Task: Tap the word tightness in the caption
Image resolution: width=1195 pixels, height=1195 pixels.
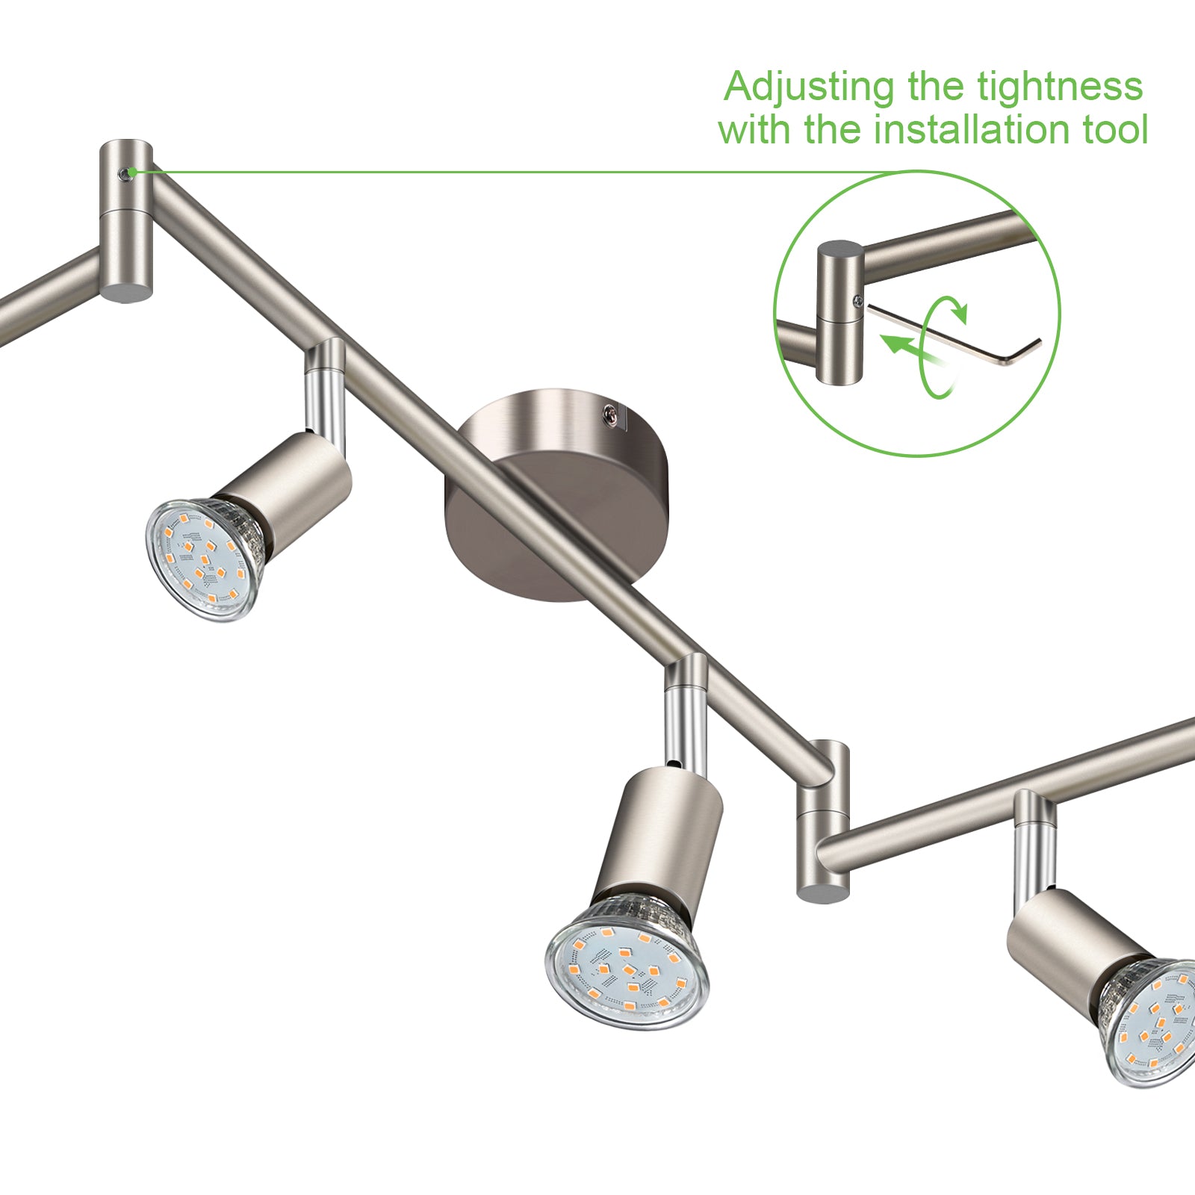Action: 1061,87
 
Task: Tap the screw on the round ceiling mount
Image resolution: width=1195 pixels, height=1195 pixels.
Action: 611,413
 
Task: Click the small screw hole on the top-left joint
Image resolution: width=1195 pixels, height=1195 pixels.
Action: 131,173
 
